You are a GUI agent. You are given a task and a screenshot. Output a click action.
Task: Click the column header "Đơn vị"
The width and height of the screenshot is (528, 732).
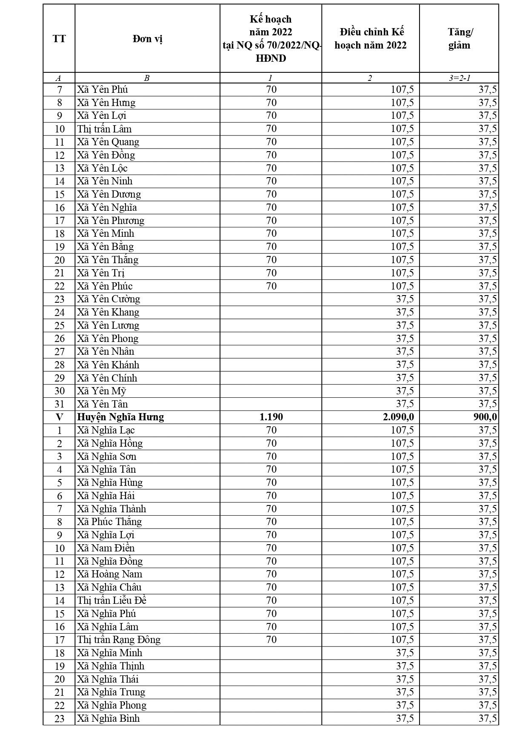[x=147, y=39]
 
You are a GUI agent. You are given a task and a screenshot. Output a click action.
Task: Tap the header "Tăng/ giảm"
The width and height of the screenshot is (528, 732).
[x=460, y=39]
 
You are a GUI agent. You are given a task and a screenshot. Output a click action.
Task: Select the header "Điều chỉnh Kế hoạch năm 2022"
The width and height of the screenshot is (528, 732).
[x=371, y=39]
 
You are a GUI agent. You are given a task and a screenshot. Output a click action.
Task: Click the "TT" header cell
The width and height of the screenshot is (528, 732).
[x=59, y=39]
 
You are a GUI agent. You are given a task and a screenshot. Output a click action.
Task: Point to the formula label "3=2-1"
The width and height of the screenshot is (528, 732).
[x=460, y=78]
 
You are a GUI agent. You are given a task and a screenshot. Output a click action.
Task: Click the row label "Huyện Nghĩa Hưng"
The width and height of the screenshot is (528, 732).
[x=120, y=417]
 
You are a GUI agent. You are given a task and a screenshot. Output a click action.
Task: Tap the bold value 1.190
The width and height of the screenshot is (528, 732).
[x=271, y=417]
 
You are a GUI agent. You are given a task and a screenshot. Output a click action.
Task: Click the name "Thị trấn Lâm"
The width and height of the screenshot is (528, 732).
[x=105, y=129]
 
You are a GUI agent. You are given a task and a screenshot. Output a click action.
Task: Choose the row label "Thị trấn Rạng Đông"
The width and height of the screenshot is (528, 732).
[x=119, y=640]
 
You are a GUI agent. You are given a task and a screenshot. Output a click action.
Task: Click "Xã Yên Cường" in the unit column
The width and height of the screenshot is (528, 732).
[x=108, y=299]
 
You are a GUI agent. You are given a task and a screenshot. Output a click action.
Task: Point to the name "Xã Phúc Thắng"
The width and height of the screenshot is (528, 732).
[x=109, y=522]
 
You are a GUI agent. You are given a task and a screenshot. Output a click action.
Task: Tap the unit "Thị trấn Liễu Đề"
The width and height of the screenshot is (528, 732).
[x=112, y=600]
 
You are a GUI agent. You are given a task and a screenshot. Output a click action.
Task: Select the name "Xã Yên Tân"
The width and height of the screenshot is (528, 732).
[x=103, y=404]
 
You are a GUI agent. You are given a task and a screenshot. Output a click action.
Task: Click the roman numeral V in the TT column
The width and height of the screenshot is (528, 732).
[x=59, y=417]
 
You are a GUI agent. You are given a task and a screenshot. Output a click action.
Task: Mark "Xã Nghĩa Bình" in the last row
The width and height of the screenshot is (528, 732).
[x=108, y=718]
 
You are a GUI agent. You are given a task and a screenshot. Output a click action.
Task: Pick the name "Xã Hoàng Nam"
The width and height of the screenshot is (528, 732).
[x=110, y=574]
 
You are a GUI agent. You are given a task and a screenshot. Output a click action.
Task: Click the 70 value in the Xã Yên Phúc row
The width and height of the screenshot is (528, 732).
[x=271, y=286]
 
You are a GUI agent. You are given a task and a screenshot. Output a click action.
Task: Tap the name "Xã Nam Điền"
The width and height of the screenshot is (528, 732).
[x=106, y=548]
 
